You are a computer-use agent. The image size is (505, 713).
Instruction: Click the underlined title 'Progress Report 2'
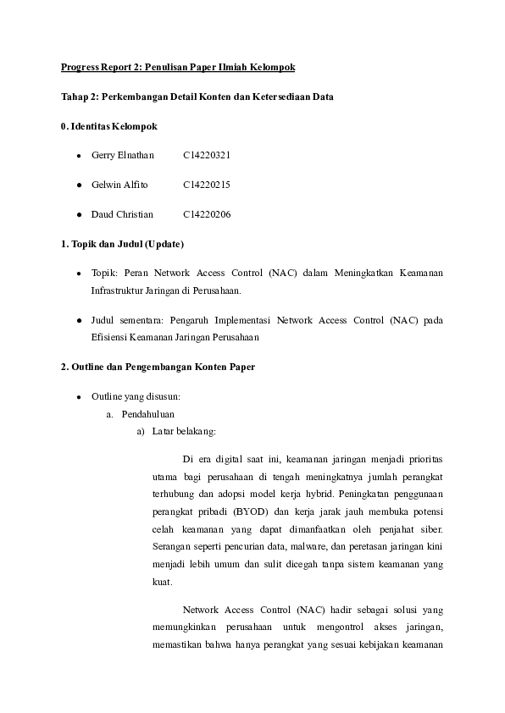99,66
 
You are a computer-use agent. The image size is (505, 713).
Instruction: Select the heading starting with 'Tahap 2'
197,97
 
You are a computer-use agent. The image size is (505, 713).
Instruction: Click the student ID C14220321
207,156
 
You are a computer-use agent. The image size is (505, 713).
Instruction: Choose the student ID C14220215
207,185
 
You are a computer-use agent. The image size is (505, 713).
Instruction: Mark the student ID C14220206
207,214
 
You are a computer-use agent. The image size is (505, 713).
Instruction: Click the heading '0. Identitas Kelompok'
108,126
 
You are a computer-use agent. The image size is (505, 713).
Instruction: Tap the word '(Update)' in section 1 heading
164,244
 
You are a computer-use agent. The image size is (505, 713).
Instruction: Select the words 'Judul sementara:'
125,321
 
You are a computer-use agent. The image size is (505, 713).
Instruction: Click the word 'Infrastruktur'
119,290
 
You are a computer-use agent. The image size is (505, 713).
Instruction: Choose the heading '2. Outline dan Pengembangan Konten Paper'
158,367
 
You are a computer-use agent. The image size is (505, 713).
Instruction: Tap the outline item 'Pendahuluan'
147,415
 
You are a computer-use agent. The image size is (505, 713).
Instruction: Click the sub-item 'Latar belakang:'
183,431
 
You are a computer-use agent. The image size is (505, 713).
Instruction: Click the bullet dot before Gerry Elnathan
79,156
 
